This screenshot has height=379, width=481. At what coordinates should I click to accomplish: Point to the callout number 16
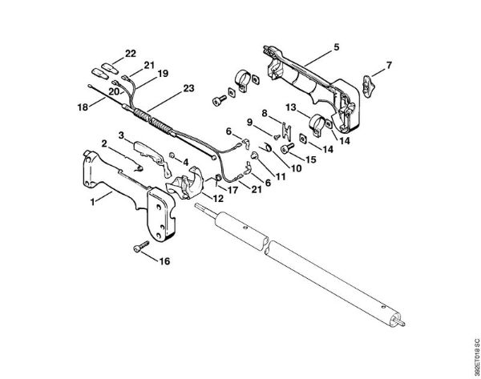point(165,261)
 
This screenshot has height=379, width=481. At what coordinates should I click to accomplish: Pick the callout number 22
point(130,54)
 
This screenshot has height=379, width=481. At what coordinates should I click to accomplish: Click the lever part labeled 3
point(146,150)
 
